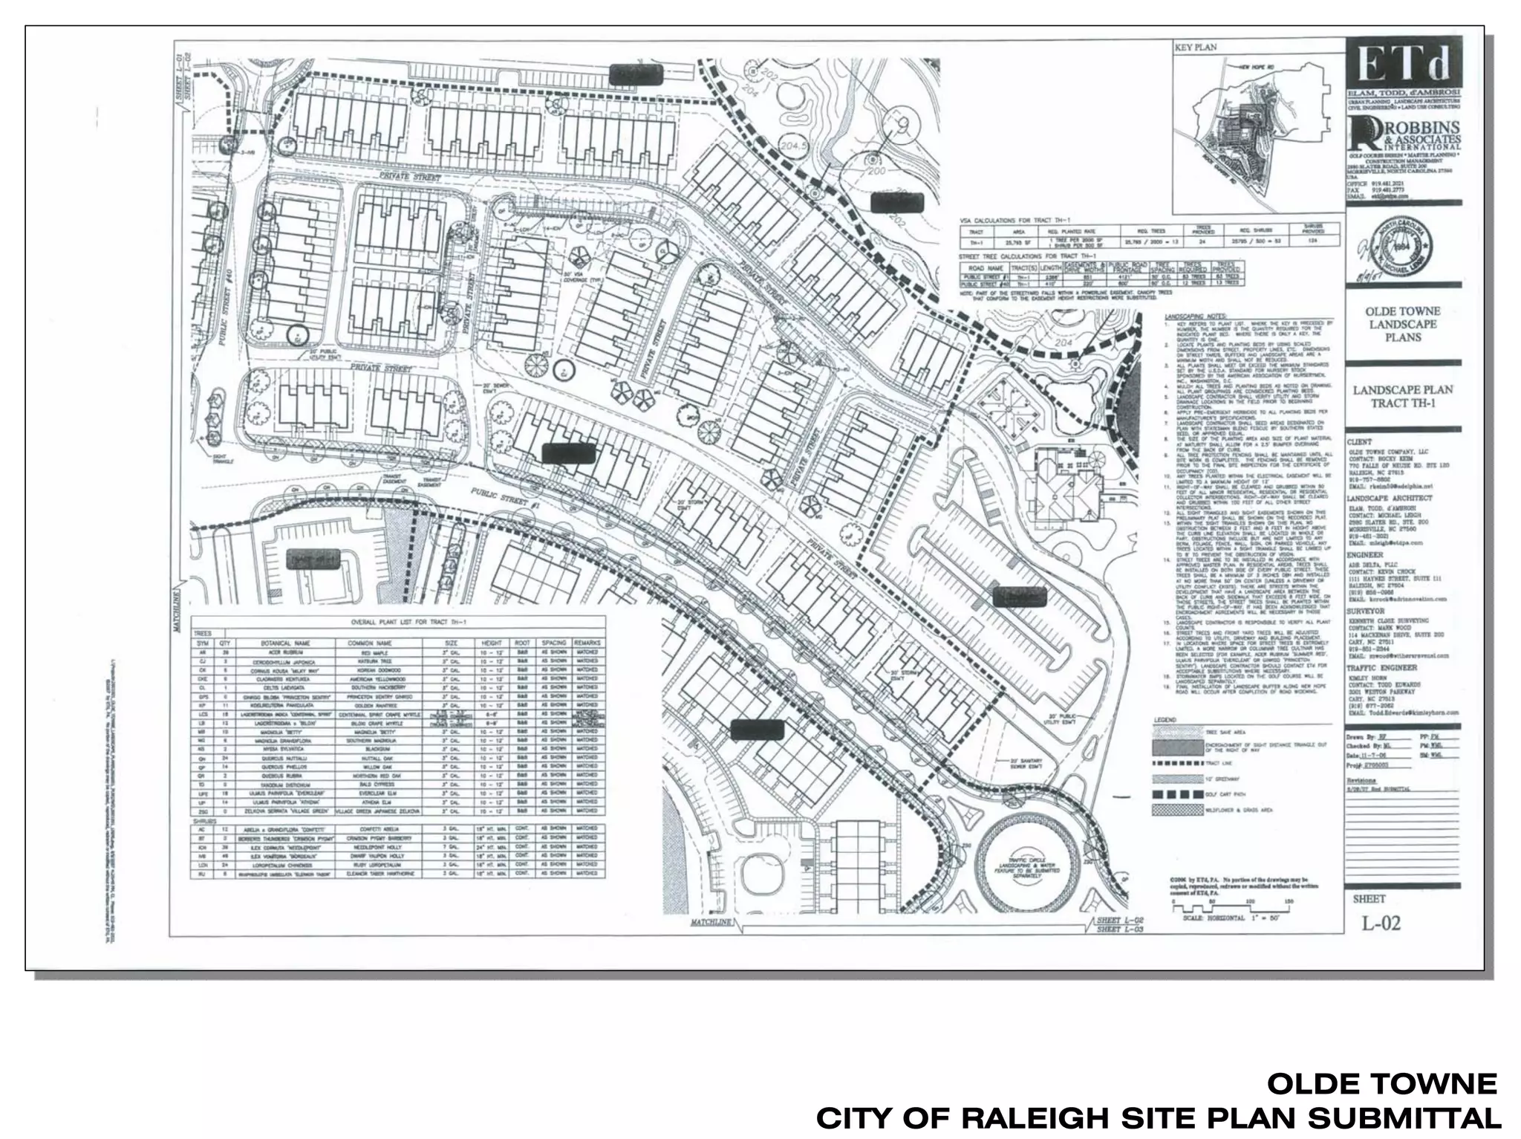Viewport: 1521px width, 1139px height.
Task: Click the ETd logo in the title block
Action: point(1404,66)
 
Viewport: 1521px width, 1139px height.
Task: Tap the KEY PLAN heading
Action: point(1196,48)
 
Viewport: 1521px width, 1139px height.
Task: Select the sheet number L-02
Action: point(1381,924)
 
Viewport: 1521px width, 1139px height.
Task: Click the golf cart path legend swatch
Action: point(1178,794)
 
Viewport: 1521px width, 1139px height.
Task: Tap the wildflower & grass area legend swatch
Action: point(1178,809)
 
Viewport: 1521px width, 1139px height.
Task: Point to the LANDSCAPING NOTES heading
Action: point(1196,317)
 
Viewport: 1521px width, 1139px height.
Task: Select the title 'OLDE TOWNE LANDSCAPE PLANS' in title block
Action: point(1403,324)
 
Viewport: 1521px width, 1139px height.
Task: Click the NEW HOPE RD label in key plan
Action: point(1257,67)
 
